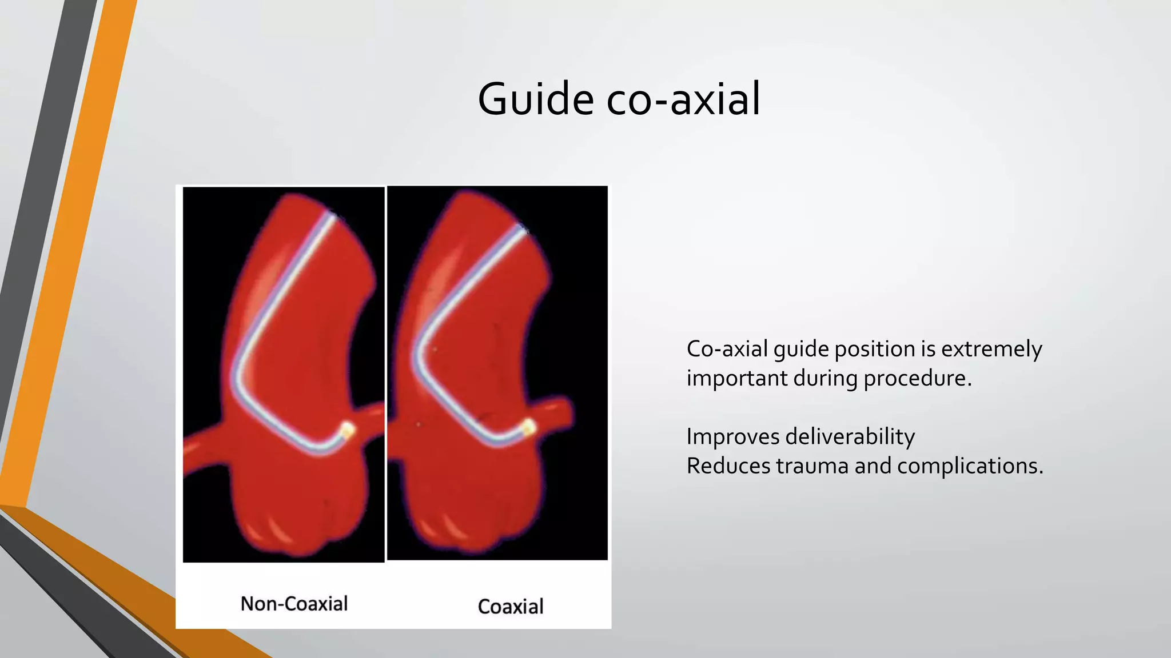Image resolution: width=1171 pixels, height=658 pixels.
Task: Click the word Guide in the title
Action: (536, 99)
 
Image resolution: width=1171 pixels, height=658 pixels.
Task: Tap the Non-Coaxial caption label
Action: (294, 604)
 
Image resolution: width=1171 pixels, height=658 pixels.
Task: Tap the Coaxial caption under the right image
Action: (511, 607)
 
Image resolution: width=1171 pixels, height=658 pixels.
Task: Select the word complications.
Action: (970, 466)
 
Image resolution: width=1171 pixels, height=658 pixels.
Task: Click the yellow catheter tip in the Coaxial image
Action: (528, 427)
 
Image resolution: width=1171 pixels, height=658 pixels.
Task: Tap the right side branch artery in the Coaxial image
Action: (557, 412)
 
